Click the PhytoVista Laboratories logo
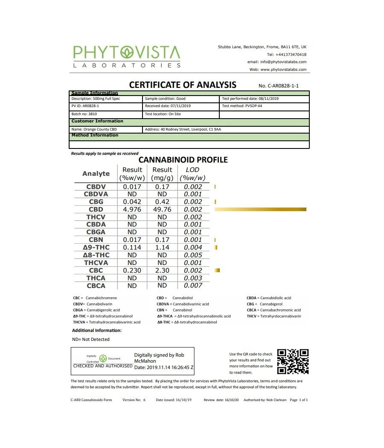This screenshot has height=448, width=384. pos(127,56)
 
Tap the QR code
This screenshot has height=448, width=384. pos(293,362)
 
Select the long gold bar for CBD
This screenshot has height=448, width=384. pos(261,209)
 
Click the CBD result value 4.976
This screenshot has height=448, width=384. pos(132,209)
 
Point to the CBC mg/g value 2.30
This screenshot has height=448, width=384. pos(162,271)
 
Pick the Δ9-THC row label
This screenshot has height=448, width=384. pos(96,247)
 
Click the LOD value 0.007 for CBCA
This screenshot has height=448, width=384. pos(193,285)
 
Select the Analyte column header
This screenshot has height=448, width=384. pos(96,174)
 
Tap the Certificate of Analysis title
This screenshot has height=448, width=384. pos(183,84)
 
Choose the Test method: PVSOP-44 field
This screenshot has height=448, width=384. pos(242,106)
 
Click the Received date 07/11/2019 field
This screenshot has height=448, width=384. pos(168,106)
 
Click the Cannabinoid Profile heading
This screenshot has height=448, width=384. pos(183,160)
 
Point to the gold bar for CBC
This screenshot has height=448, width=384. pos(217,271)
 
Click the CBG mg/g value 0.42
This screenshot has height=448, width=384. pos(162,202)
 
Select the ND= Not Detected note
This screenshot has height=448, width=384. pos(91,340)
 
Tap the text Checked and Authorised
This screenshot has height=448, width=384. pos(103,366)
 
